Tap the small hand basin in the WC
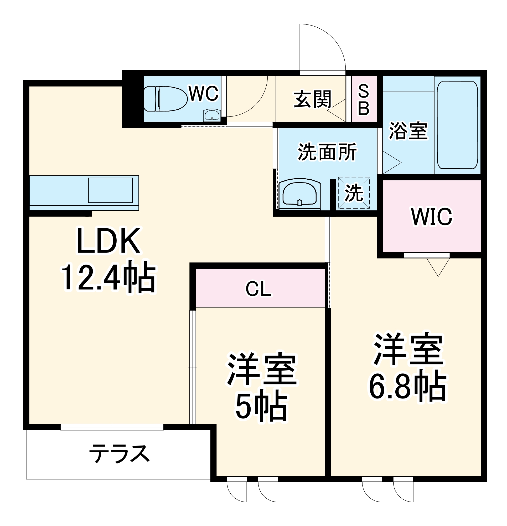point(211,116)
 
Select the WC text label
point(204,94)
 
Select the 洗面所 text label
point(327,152)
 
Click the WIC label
point(432,216)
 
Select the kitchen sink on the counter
point(110,190)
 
